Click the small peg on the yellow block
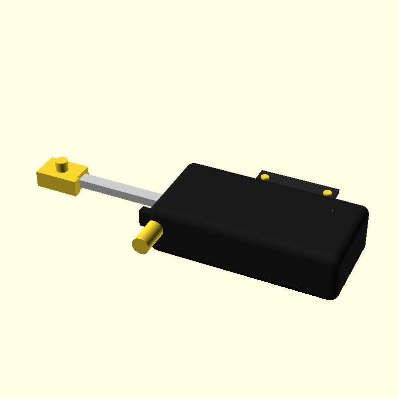(x=62, y=163)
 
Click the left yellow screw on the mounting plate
(x=265, y=176)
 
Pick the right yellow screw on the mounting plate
(x=327, y=193)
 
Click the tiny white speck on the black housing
(x=333, y=211)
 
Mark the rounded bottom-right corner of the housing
(x=333, y=294)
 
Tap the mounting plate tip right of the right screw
(x=336, y=193)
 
